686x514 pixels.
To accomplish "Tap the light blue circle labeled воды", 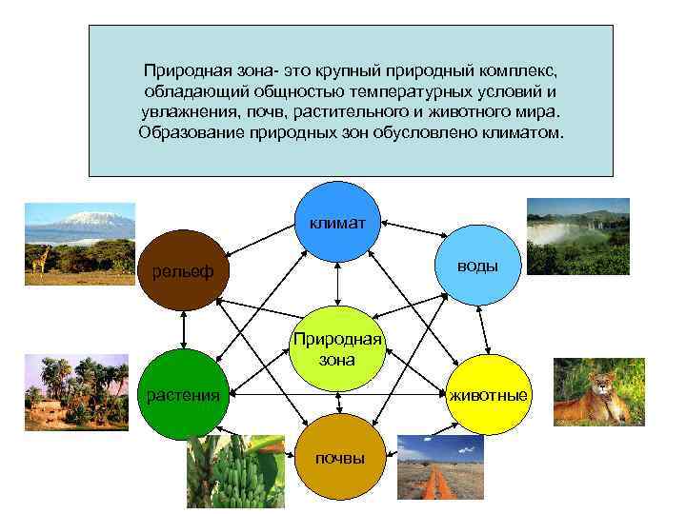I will [x=477, y=266].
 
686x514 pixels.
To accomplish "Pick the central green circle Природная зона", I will [x=337, y=348].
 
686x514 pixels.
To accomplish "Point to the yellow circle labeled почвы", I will [x=340, y=456].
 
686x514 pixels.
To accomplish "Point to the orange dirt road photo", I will [x=439, y=472].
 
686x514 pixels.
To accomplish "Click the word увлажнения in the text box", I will [x=181, y=112].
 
